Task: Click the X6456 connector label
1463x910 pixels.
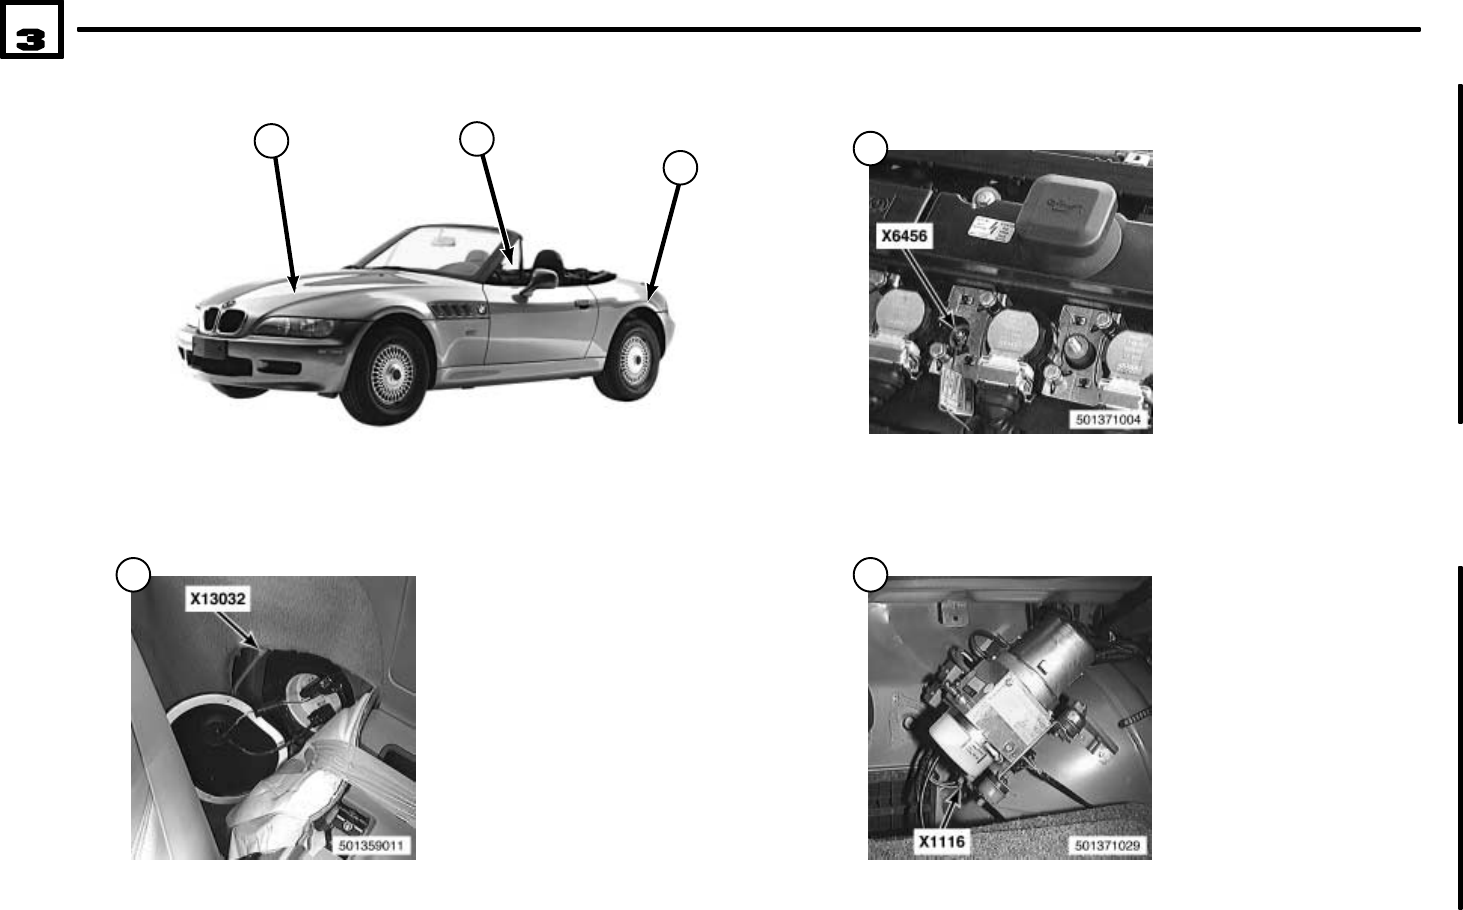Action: [903, 237]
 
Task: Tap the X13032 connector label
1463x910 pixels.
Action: [219, 599]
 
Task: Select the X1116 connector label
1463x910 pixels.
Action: [942, 842]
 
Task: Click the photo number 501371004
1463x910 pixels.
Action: [1107, 420]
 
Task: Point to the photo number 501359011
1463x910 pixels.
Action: [371, 846]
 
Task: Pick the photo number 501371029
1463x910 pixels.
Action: [1107, 846]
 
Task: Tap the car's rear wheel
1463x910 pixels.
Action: [631, 359]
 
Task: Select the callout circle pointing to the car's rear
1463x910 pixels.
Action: [681, 167]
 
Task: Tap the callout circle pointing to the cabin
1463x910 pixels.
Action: [477, 138]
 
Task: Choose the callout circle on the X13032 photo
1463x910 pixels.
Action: [133, 574]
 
